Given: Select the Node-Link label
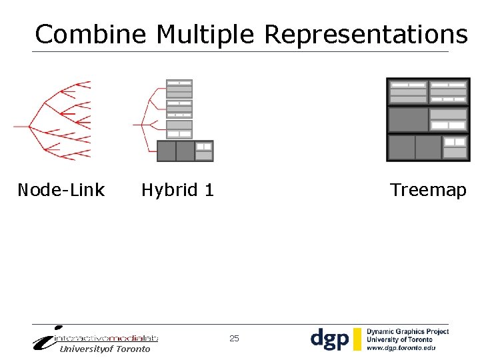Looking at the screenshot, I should click(61, 190).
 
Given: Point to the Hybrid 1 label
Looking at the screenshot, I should click(177, 190).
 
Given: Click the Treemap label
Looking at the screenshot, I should click(428, 190).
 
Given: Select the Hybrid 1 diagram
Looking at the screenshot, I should click(175, 120).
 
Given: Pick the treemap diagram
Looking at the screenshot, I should click(427, 120).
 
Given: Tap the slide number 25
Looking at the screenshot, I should click(234, 339).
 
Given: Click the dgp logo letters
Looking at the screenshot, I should click(329, 339).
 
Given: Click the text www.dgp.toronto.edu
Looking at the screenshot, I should click(401, 348).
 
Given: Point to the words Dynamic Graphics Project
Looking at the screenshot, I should click(407, 331).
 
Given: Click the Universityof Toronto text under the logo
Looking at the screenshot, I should click(105, 349).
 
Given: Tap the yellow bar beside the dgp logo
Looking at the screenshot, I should click(357, 339).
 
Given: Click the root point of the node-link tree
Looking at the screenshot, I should click(15, 126).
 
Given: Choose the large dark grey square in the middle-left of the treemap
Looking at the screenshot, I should click(408, 120).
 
